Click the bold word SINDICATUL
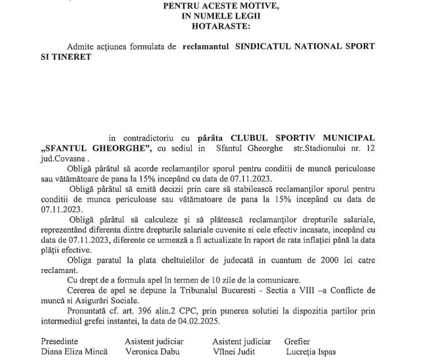coord(263,46)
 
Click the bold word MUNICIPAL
coord(349,138)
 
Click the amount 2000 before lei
coord(329,260)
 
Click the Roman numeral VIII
coord(307,291)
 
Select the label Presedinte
coord(59,341)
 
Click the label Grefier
coord(297,341)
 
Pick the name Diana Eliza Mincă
coord(74,352)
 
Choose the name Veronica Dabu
coord(152,352)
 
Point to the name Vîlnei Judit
coord(234,352)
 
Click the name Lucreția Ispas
coord(311,352)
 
